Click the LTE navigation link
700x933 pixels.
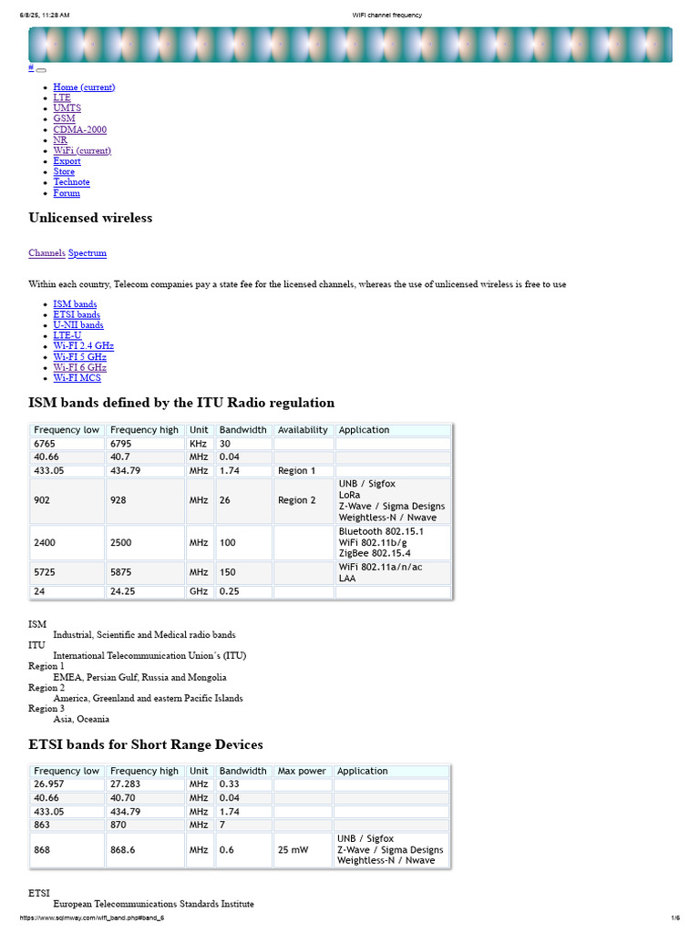[61, 97]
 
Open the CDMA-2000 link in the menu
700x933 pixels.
[79, 129]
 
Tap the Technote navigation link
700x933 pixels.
[71, 182]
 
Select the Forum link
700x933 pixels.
[67, 193]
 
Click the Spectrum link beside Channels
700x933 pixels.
[87, 252]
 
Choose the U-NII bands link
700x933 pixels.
[77, 325]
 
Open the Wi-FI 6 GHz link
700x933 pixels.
[79, 367]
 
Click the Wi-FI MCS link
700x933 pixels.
[77, 378]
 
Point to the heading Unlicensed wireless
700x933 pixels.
[90, 218]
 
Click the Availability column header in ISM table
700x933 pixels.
[303, 430]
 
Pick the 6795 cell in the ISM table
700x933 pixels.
[121, 444]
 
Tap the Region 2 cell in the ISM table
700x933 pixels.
[297, 500]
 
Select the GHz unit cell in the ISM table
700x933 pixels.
[199, 592]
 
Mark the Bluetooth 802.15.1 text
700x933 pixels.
[381, 531]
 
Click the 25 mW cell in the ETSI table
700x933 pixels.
[293, 850]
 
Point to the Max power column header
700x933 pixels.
[302, 771]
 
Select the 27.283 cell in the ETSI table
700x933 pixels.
[127, 784]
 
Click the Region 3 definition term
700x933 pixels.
[46, 709]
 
